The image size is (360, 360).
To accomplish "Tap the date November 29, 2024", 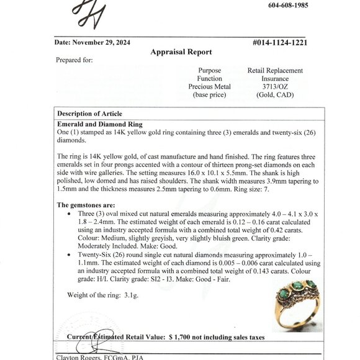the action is [90, 43].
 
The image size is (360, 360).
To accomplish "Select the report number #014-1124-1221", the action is [280, 43].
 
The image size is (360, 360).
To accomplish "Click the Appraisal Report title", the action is [181, 52].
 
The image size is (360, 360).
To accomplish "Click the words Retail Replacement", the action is [275, 71].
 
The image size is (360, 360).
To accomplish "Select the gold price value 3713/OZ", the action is [275, 87].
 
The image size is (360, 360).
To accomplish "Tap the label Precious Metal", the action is [209, 87].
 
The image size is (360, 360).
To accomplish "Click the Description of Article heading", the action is [89, 114].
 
